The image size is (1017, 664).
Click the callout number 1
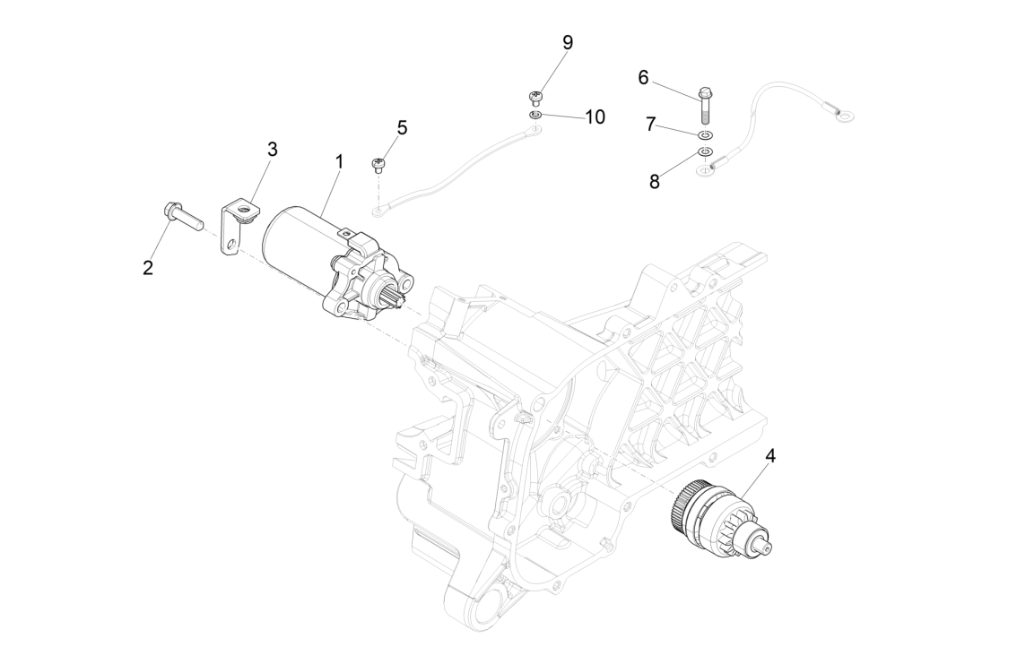pos(339,161)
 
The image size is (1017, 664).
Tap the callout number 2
pos(148,267)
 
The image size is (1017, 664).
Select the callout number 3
pos(272,149)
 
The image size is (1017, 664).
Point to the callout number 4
pos(769,456)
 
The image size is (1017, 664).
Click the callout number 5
pos(402,127)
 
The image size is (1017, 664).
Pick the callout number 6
pos(643,77)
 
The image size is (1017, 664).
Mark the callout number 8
pos(654,181)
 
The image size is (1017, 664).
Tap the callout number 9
pos(567,42)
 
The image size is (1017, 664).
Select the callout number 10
pos(595,117)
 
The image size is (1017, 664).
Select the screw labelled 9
pos(535,97)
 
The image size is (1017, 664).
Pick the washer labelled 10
pos(535,115)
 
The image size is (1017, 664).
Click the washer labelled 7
pos(706,134)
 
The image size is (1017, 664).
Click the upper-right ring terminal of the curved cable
pos(843,115)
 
